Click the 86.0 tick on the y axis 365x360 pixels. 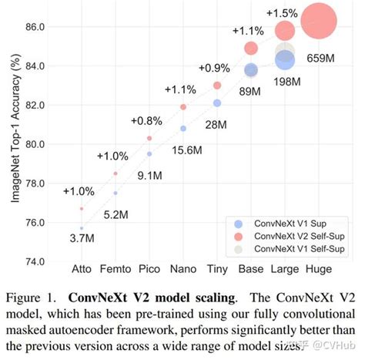click(35, 27)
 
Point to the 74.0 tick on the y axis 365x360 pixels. click(35, 262)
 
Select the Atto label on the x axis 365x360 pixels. click(82, 270)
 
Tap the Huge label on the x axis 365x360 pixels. click(319, 270)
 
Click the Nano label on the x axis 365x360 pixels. click(183, 270)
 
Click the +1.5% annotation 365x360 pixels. click(283, 12)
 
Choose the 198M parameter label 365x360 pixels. click(286, 82)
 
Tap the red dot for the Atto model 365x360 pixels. click(82, 209)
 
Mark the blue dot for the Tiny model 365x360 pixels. click(217, 103)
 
